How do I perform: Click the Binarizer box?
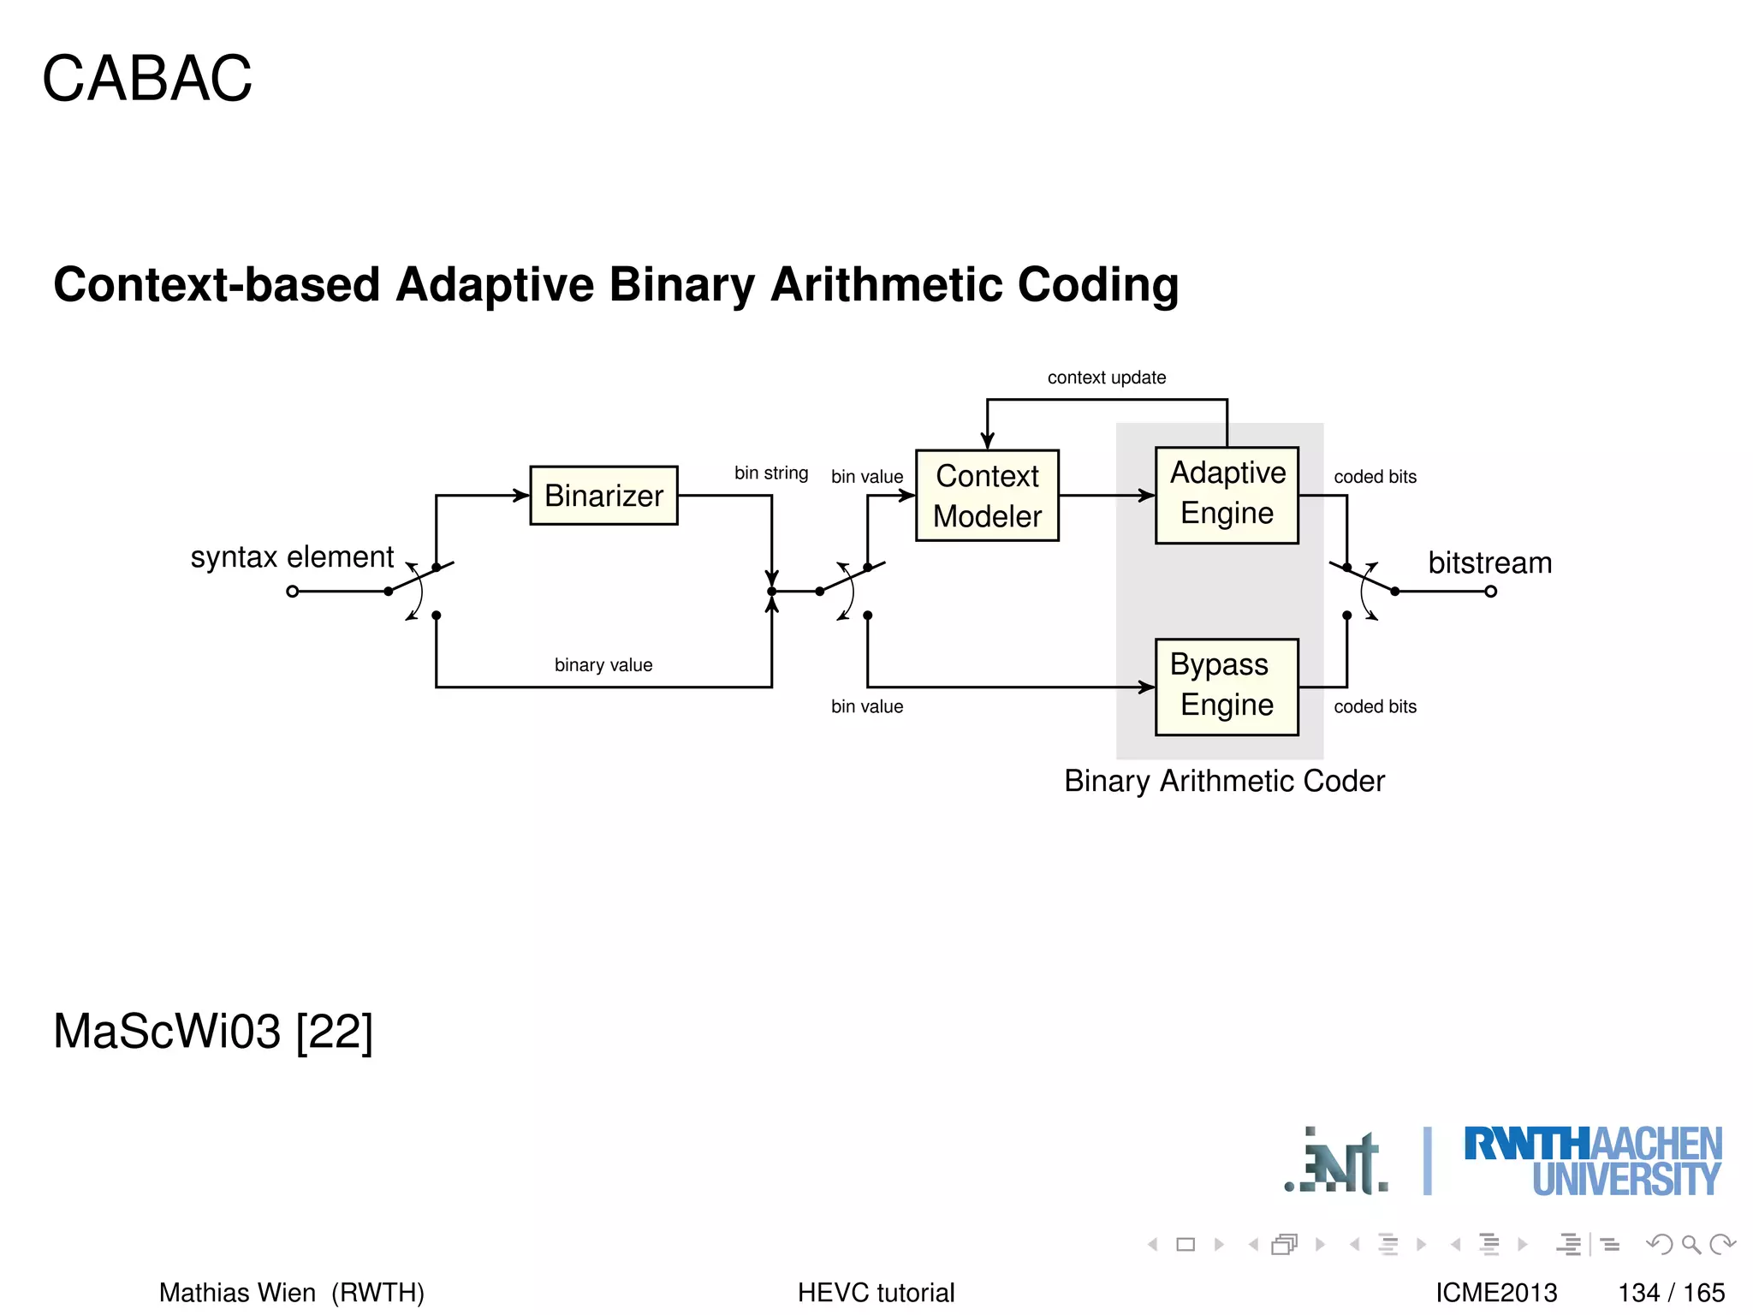coord(603,496)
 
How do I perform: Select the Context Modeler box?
coord(987,496)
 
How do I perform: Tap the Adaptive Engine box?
coord(1227,494)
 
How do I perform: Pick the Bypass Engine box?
coord(1227,686)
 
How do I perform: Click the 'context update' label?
coord(1106,378)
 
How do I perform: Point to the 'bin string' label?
coord(770,473)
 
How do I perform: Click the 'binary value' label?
coord(603,665)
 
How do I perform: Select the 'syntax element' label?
coord(292,557)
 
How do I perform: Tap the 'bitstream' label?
coord(1489,563)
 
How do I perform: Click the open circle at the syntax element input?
coord(293,592)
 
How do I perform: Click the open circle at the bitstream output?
coord(1490,592)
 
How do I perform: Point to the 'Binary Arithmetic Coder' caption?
coord(1224,781)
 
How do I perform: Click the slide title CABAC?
coord(147,79)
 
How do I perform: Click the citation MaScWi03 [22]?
coord(213,1032)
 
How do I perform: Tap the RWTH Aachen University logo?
coord(1592,1161)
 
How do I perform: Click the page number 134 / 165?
coord(1671,1292)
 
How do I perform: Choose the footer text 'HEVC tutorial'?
coord(876,1292)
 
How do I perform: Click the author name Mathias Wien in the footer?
coord(237,1292)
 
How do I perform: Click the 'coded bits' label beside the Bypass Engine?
coord(1375,706)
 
